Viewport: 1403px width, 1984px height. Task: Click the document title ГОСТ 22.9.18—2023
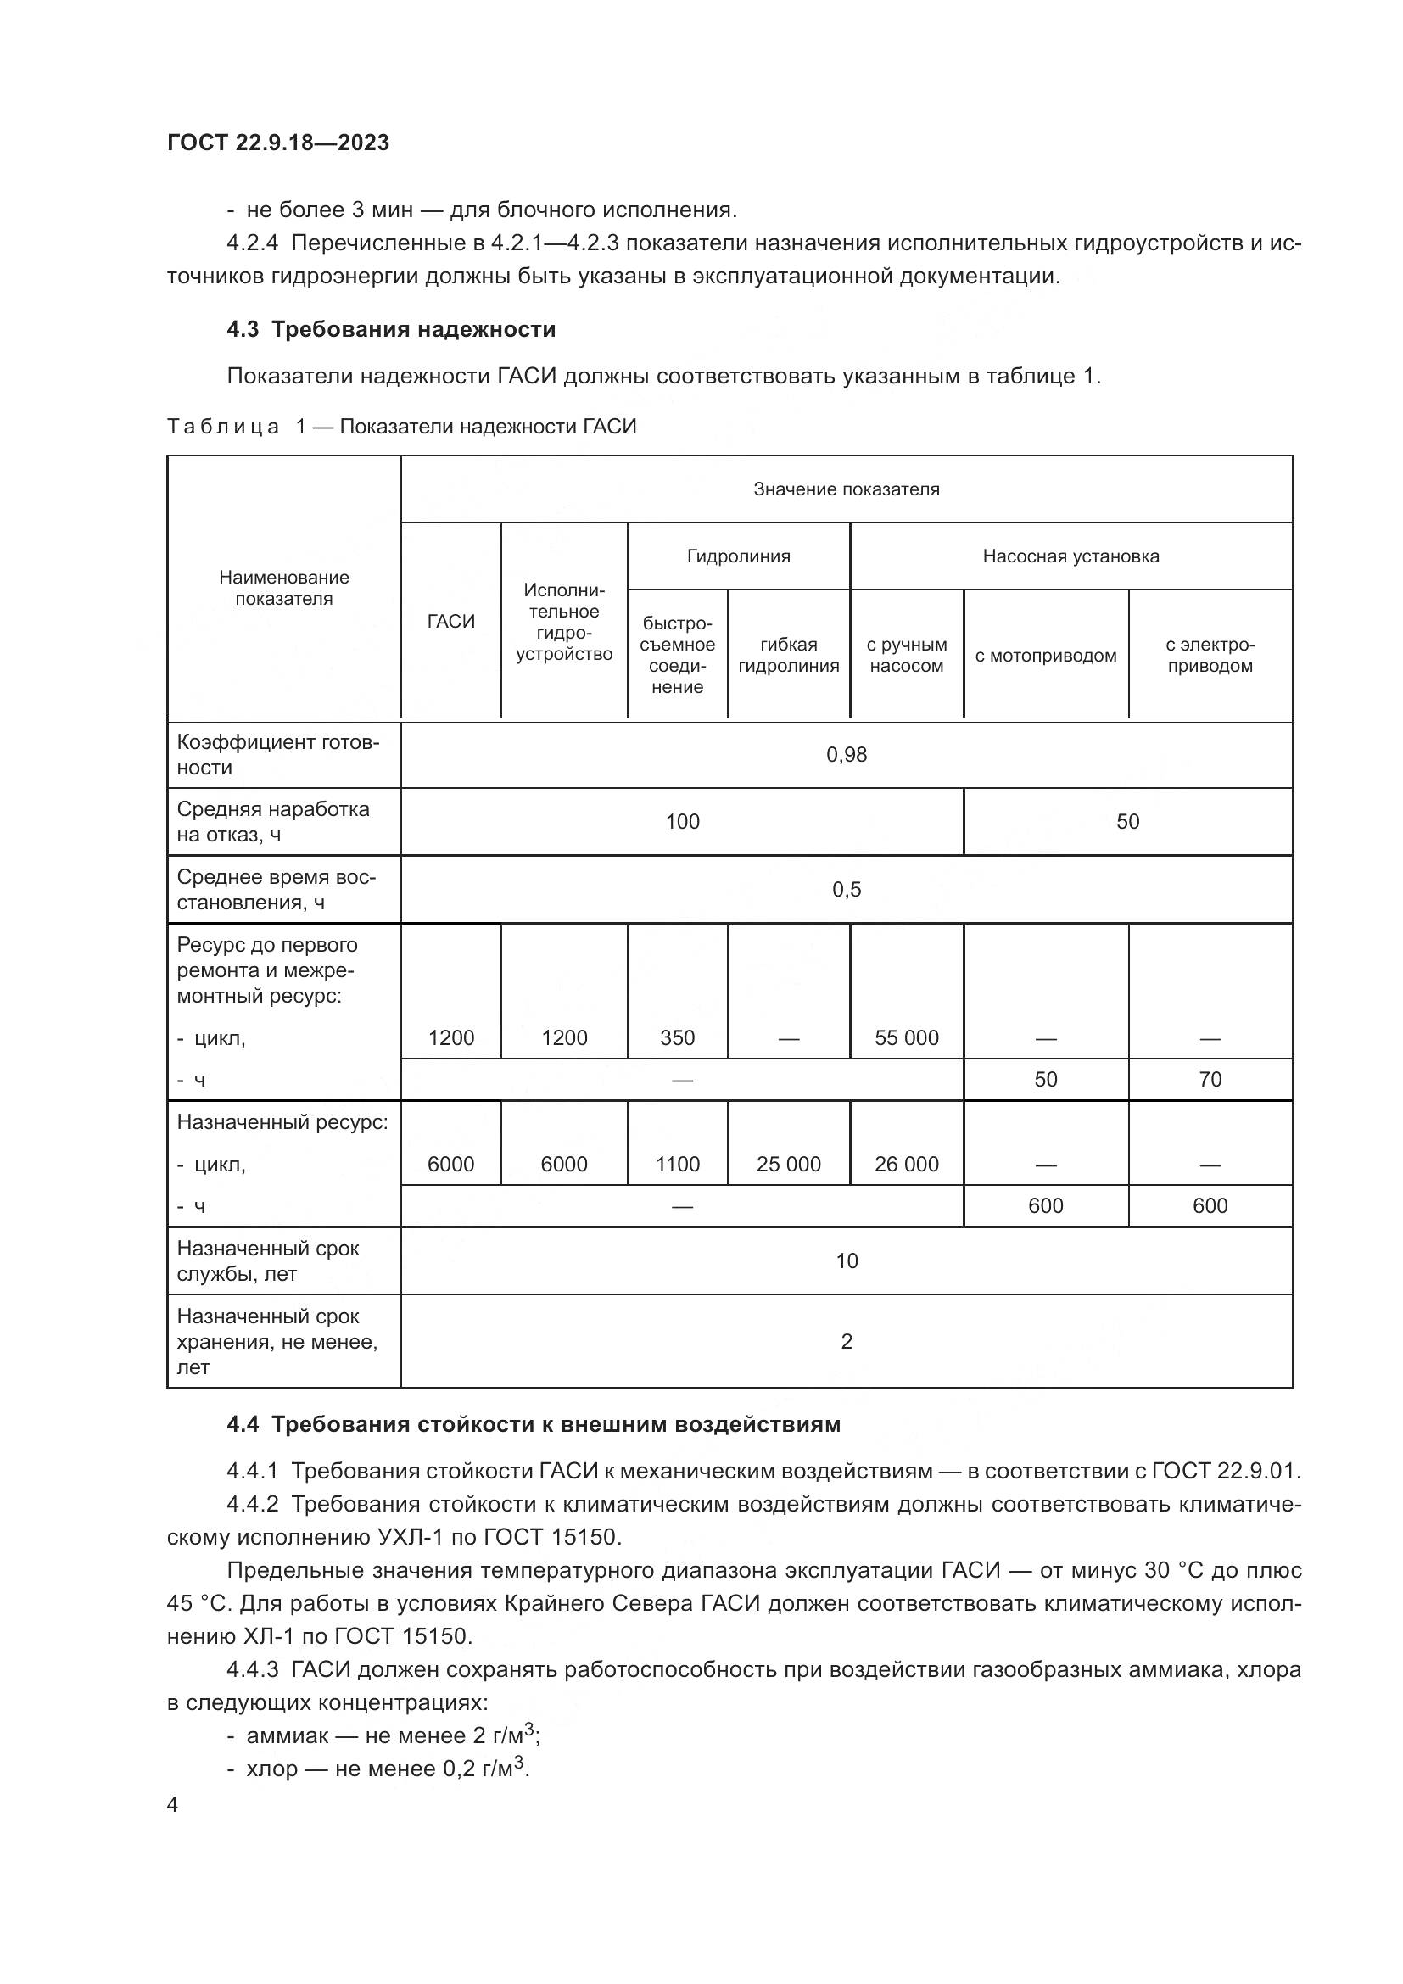[278, 143]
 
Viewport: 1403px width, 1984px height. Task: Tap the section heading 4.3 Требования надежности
[391, 329]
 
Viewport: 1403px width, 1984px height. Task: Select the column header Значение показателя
[846, 489]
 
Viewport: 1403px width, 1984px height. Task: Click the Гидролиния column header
[739, 556]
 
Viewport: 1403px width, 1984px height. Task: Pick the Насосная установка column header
[1070, 556]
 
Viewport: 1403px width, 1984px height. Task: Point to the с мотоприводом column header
[1045, 656]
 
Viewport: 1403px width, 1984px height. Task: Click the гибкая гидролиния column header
[788, 655]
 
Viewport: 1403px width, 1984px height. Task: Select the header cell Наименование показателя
[283, 588]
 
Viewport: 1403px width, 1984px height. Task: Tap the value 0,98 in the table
[846, 754]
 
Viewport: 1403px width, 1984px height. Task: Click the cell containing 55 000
[906, 1037]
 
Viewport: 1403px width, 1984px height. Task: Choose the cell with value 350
[677, 1037]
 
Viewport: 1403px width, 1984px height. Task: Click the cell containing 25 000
[788, 1164]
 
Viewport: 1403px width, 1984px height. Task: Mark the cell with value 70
[1210, 1079]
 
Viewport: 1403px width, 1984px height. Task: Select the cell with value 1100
[677, 1164]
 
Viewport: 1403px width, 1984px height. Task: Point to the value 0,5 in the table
[846, 889]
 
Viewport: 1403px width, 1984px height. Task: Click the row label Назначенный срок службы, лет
[268, 1260]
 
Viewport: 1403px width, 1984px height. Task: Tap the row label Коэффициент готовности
[277, 754]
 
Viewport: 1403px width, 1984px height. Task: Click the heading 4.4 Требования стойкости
[533, 1424]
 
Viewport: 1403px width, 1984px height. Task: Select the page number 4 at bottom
[173, 1805]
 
